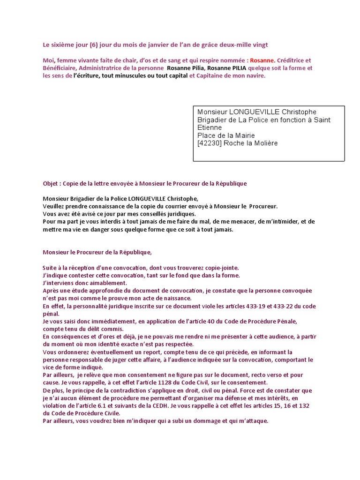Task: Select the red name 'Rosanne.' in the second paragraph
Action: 262,60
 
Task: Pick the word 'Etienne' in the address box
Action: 210,127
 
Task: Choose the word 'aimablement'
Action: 108,283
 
